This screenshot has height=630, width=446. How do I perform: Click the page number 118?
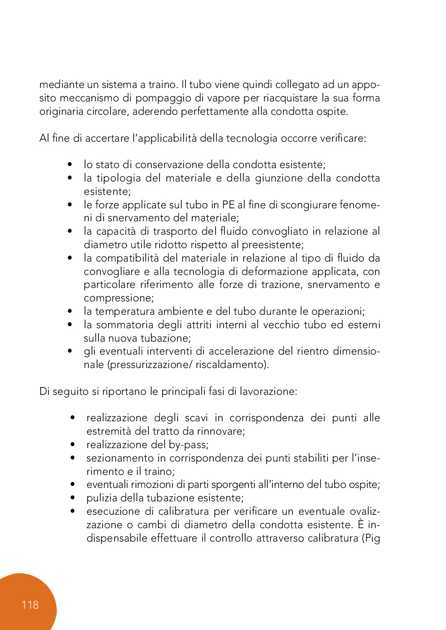[30, 605]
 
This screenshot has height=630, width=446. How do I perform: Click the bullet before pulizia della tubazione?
[73, 498]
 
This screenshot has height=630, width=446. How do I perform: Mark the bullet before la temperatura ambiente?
[70, 311]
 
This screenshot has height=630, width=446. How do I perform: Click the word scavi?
[196, 418]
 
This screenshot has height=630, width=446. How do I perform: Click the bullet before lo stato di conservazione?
[70, 164]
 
